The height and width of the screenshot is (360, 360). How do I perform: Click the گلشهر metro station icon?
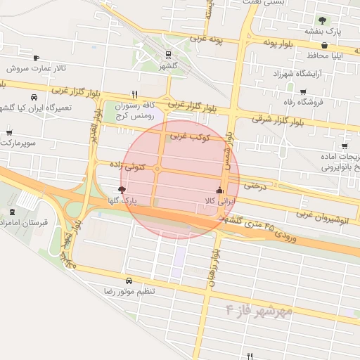[168, 55]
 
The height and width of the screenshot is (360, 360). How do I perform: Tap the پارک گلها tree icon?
[122, 190]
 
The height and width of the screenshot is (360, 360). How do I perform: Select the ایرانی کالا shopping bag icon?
[219, 190]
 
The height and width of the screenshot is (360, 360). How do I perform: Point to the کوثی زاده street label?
[127, 166]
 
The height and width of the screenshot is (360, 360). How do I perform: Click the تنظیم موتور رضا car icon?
[129, 280]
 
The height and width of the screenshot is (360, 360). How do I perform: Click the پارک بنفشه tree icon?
[323, 20]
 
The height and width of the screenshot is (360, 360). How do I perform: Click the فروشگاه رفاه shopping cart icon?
[303, 92]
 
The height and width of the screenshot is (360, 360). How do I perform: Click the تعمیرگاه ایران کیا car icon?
[33, 97]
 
